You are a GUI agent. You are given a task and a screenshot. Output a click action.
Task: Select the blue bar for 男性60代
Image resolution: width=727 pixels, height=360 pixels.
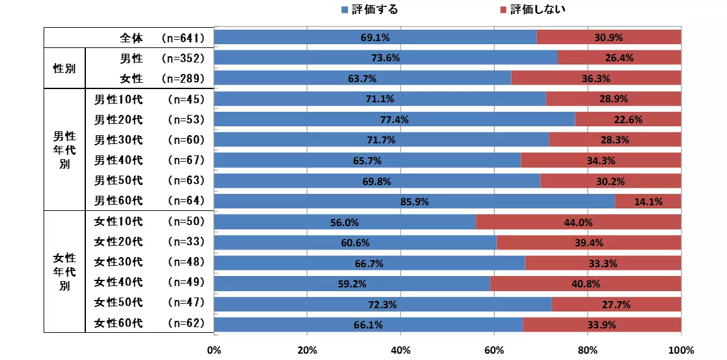click(414, 201)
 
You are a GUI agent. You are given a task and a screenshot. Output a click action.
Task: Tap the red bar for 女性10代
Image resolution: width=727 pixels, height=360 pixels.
click(578, 222)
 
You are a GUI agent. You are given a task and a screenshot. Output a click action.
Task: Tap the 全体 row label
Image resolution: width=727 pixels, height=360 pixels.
click(131, 38)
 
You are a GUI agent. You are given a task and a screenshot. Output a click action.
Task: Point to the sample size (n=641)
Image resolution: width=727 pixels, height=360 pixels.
click(183, 38)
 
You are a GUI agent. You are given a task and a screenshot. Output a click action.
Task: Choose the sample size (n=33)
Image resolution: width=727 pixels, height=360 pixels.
click(186, 242)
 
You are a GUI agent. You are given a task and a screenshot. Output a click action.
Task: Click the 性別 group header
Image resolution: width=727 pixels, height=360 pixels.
click(64, 68)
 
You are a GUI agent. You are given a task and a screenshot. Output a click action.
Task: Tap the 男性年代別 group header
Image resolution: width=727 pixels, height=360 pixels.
click(64, 150)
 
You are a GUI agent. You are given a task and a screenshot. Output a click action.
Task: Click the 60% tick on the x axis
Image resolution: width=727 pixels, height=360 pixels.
click(494, 350)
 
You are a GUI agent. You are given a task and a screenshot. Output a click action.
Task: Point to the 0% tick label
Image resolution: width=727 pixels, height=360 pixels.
click(214, 350)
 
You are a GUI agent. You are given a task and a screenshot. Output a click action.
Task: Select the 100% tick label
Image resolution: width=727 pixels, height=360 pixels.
click(680, 350)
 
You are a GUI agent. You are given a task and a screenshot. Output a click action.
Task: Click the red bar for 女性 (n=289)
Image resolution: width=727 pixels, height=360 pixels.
click(596, 78)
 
